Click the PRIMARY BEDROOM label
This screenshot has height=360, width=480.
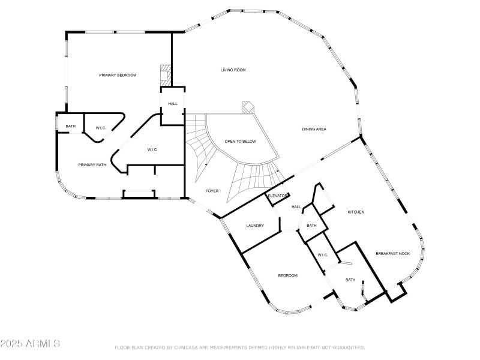tap(118, 75)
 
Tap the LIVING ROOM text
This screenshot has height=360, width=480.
tap(233, 70)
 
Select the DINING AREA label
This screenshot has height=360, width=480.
tap(314, 130)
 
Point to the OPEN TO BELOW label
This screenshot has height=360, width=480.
tap(240, 141)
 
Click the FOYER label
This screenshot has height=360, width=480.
tap(212, 191)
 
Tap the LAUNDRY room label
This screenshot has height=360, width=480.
tap(255, 226)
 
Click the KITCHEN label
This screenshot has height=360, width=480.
tap(356, 212)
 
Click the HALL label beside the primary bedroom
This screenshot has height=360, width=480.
tap(173, 104)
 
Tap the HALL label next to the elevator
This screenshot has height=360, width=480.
tap(296, 207)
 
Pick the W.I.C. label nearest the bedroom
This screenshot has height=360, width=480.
tap(322, 255)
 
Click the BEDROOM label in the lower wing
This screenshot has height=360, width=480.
tap(287, 275)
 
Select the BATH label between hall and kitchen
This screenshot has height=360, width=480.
tap(311, 226)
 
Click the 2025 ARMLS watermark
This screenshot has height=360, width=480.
tap(30, 344)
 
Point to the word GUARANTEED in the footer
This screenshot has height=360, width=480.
tap(347, 347)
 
